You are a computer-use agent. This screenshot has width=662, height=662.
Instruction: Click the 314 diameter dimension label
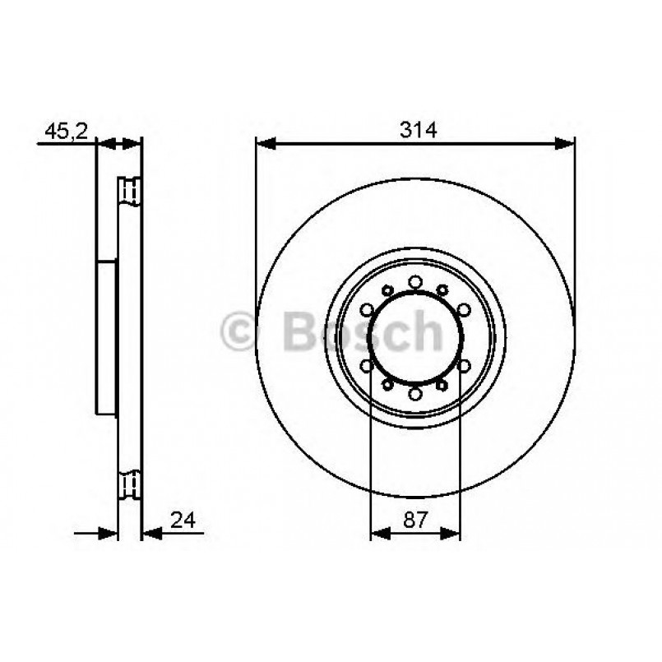[415, 130]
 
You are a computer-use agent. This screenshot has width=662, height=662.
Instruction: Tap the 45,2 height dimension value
[63, 130]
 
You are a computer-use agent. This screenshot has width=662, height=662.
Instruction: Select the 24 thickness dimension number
[182, 519]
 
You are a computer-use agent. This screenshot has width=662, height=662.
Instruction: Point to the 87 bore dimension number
[415, 519]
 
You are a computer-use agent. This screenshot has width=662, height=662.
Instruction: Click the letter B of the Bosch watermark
[299, 331]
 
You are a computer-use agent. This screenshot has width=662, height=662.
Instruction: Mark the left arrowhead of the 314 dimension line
[265, 144]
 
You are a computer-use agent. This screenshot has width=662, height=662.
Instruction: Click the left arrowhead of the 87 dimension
[378, 534]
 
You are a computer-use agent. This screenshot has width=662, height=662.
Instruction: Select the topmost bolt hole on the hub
[415, 282]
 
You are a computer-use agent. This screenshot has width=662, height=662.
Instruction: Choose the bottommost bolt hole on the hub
[415, 394]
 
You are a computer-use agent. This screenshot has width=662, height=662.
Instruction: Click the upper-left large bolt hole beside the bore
[368, 310]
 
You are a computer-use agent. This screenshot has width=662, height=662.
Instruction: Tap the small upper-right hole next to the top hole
[442, 289]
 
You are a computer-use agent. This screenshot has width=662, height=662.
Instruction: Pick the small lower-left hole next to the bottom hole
[387, 385]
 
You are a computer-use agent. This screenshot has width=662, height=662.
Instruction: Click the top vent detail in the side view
[130, 190]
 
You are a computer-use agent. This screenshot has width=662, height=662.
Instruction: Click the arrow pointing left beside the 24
[151, 534]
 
